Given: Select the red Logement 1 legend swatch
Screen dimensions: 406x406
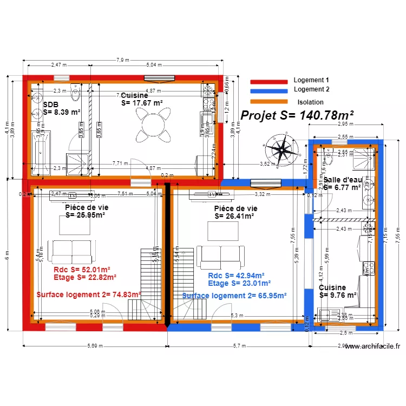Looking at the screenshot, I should (269, 81).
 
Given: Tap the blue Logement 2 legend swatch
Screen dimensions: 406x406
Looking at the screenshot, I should (269, 90).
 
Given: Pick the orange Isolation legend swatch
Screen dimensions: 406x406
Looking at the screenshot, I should (269, 102).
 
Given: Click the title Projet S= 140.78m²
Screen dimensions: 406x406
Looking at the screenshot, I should (297, 115).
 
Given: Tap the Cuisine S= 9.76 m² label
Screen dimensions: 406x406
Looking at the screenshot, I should (338, 291).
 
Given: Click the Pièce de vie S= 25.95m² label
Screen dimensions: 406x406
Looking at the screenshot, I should (85, 211).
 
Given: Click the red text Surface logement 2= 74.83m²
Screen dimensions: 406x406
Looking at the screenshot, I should (88, 295).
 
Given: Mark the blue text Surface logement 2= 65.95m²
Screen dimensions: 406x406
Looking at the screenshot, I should (233, 296).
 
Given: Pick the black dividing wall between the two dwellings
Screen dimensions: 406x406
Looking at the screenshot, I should (167, 254).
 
